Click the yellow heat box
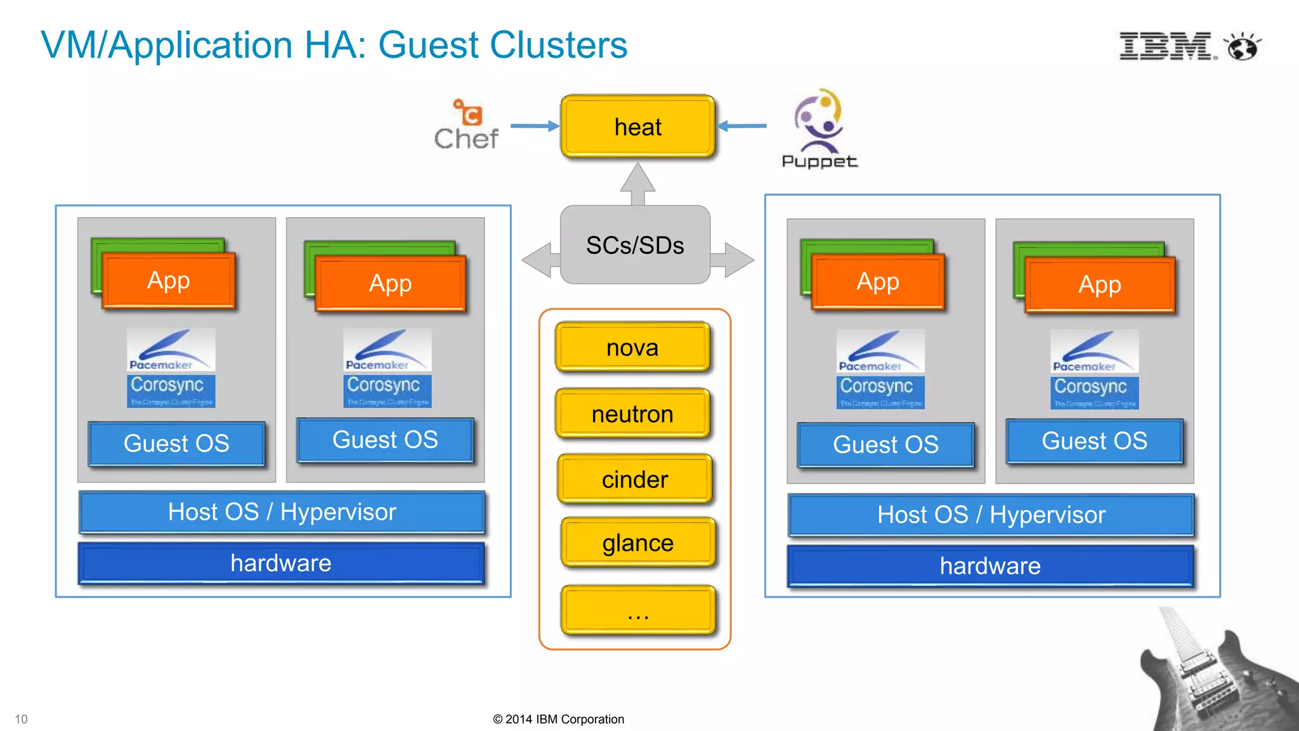637,127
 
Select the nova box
632,348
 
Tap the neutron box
632,414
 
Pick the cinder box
635,479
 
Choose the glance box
637,543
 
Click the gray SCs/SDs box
635,245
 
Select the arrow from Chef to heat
534,126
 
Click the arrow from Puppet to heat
742,126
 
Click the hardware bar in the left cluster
281,563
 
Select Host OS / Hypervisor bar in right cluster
991,515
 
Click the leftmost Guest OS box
176,444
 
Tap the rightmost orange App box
1100,285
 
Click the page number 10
21,719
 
